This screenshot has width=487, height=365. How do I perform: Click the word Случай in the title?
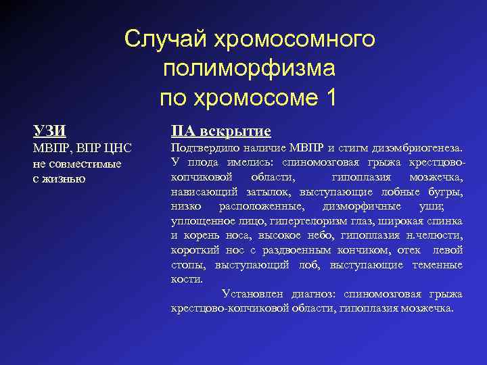[166, 39]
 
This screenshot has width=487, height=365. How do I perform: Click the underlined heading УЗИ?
[50, 130]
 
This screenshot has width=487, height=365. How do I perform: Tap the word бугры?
[447, 192]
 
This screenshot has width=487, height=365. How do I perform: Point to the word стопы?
[185, 265]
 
